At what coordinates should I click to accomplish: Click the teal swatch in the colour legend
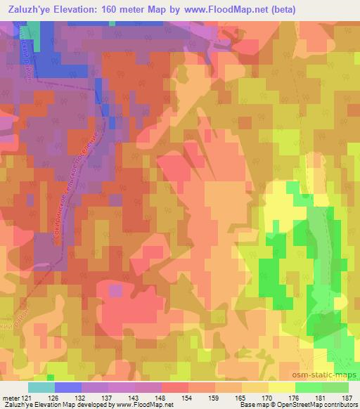tap(41, 387)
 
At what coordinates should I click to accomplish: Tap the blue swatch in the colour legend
tap(67, 387)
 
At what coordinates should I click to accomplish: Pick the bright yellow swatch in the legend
tap(281, 387)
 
